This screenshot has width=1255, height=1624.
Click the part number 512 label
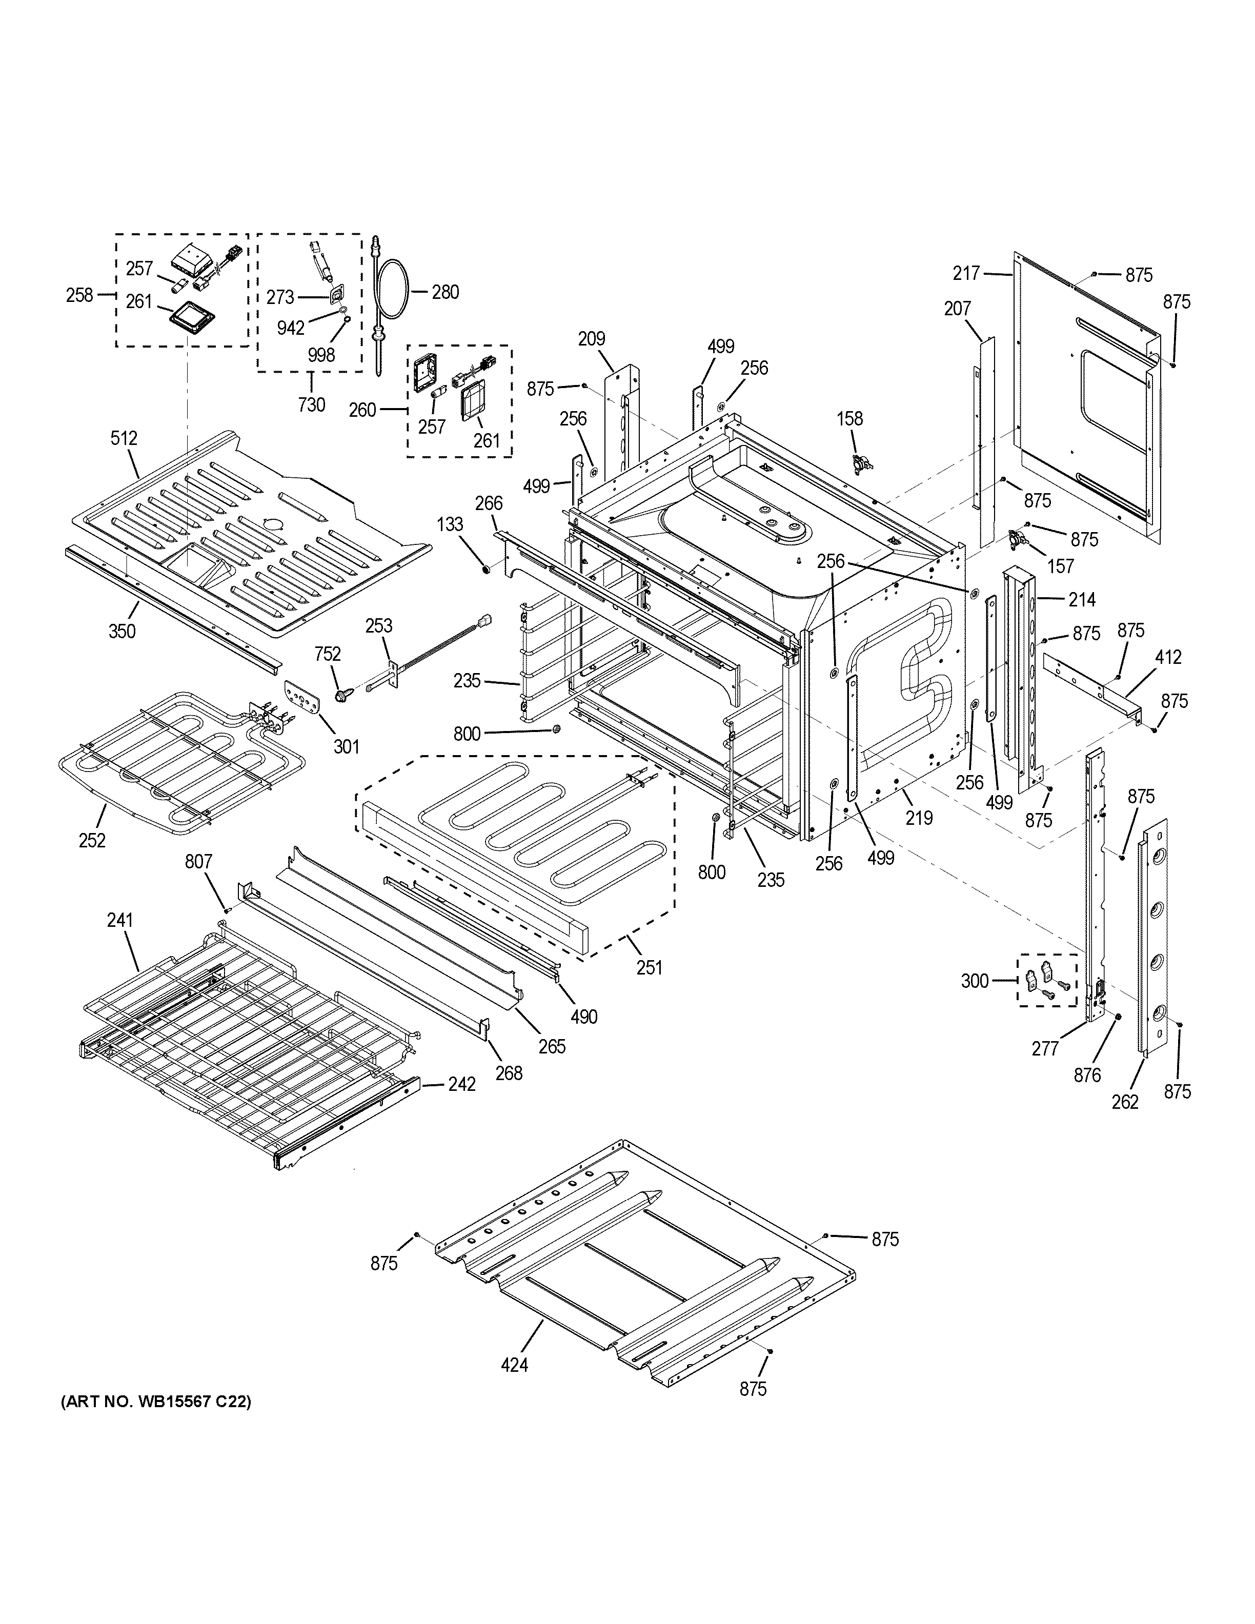[x=124, y=439]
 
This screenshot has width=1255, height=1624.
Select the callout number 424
[x=515, y=1365]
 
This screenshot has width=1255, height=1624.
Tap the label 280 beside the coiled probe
[x=446, y=292]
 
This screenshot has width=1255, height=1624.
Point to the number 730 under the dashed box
[x=312, y=405]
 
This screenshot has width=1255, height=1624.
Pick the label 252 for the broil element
[x=92, y=840]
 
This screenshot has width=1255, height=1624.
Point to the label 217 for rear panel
[x=966, y=274]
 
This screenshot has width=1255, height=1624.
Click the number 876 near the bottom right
[x=1087, y=1074]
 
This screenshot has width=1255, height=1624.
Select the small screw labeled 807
[x=228, y=909]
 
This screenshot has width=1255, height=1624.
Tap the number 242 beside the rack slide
[x=462, y=1085]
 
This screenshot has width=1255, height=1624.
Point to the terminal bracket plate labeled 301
[x=302, y=698]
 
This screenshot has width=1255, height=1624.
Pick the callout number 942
[x=291, y=328]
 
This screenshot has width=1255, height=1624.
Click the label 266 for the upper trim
[x=489, y=503]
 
